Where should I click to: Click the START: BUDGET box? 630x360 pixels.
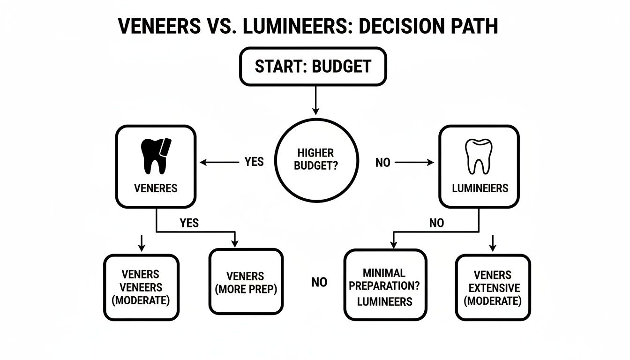(x=313, y=66)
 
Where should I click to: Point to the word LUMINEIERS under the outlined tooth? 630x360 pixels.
(x=480, y=188)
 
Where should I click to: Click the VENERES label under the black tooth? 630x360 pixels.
(x=156, y=188)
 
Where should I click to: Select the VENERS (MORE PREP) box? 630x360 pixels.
(x=246, y=281)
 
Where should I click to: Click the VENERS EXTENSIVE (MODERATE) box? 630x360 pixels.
(x=493, y=287)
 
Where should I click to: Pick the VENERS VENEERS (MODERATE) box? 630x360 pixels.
(x=141, y=287)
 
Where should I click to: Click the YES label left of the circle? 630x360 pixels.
(x=254, y=162)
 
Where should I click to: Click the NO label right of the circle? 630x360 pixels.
(x=383, y=163)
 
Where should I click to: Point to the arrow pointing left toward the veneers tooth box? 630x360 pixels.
(x=219, y=162)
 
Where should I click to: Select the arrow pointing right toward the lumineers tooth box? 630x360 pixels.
(x=414, y=163)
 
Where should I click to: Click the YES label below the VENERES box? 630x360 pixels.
(x=189, y=223)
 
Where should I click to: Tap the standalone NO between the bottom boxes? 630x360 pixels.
(x=319, y=282)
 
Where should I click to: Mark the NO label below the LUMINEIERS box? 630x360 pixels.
(x=436, y=223)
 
